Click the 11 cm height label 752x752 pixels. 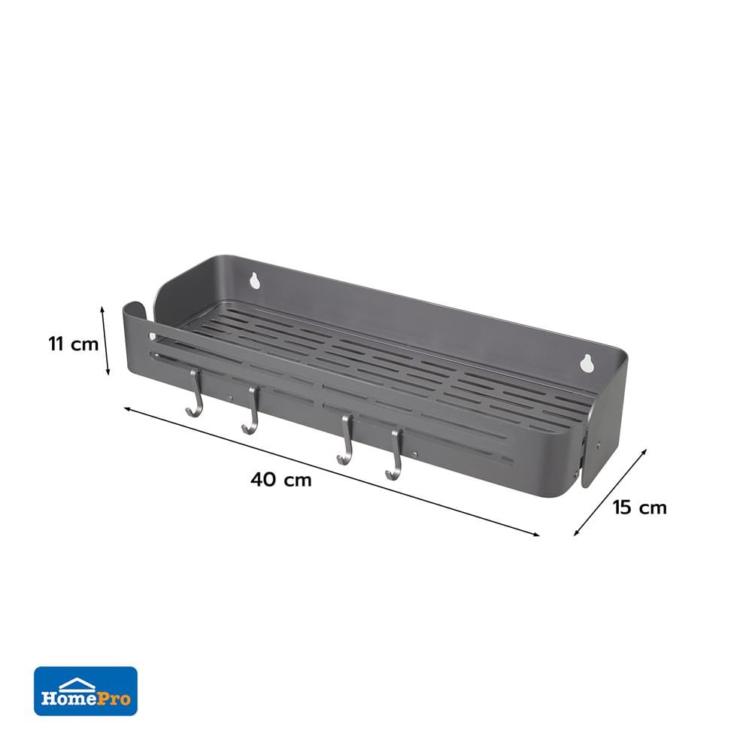(74, 344)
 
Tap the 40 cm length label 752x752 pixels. (281, 479)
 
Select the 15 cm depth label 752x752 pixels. (640, 508)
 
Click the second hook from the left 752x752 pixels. (251, 410)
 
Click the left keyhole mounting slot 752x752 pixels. (254, 280)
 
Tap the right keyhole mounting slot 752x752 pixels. (586, 363)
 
